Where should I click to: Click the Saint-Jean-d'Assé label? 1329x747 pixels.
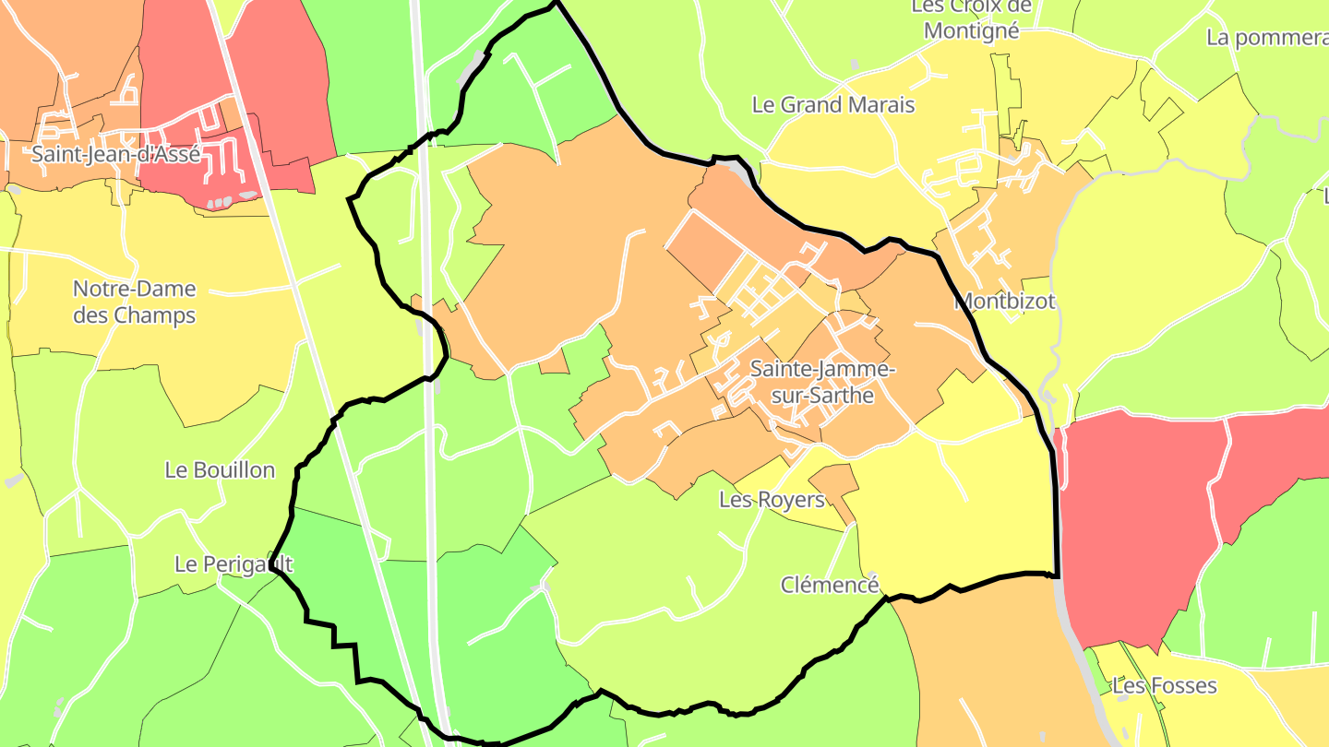click(115, 154)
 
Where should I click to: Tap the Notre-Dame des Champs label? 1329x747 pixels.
click(135, 302)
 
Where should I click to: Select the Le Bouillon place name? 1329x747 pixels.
click(220, 469)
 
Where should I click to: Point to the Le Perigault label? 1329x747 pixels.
click(233, 563)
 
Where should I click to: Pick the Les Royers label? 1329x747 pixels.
click(772, 500)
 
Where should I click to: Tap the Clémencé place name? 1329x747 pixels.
click(830, 585)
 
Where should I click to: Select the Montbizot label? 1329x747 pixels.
click(1004, 301)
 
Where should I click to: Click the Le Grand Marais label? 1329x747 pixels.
click(833, 104)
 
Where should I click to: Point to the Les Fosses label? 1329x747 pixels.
click(1164, 686)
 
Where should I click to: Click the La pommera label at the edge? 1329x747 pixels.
click(1267, 38)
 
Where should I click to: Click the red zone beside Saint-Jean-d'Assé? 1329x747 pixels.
click(277, 83)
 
